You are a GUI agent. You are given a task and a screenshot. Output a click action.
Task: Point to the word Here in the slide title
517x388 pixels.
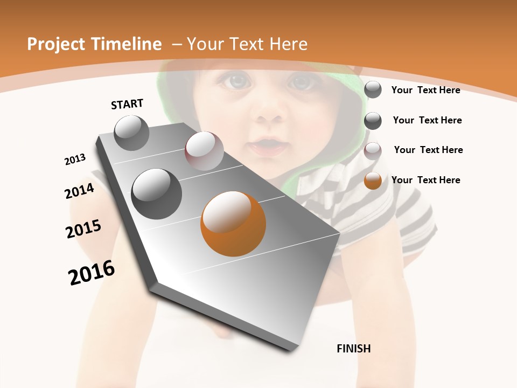tap(288, 44)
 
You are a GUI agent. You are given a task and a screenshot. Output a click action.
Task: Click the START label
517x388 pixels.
tap(127, 104)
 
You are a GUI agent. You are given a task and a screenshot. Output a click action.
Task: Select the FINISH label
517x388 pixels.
tap(354, 349)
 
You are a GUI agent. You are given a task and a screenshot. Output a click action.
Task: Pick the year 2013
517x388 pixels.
tap(75, 160)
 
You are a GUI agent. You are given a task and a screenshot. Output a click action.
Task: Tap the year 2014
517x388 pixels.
tap(80, 191)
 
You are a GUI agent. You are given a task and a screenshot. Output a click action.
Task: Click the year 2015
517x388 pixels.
tap(83, 228)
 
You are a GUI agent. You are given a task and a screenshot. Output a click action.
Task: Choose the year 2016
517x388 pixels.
tap(92, 273)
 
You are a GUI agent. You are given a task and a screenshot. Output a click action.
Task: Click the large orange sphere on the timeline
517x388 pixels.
tap(233, 224)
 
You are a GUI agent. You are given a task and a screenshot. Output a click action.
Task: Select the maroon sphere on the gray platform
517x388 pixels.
tap(204, 151)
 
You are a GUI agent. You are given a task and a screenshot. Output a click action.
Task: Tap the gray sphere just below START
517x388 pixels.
tap(132, 133)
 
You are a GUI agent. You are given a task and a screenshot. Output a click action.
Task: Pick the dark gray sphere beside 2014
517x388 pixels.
tap(157, 194)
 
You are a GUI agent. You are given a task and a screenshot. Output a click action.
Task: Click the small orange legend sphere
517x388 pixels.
tap(373, 181)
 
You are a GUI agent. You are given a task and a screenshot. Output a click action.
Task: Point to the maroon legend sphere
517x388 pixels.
tap(373, 151)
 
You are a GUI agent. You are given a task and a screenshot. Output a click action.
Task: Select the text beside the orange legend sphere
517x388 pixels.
tap(426, 180)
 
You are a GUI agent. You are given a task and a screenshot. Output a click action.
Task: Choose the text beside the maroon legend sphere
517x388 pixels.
tap(429, 150)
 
